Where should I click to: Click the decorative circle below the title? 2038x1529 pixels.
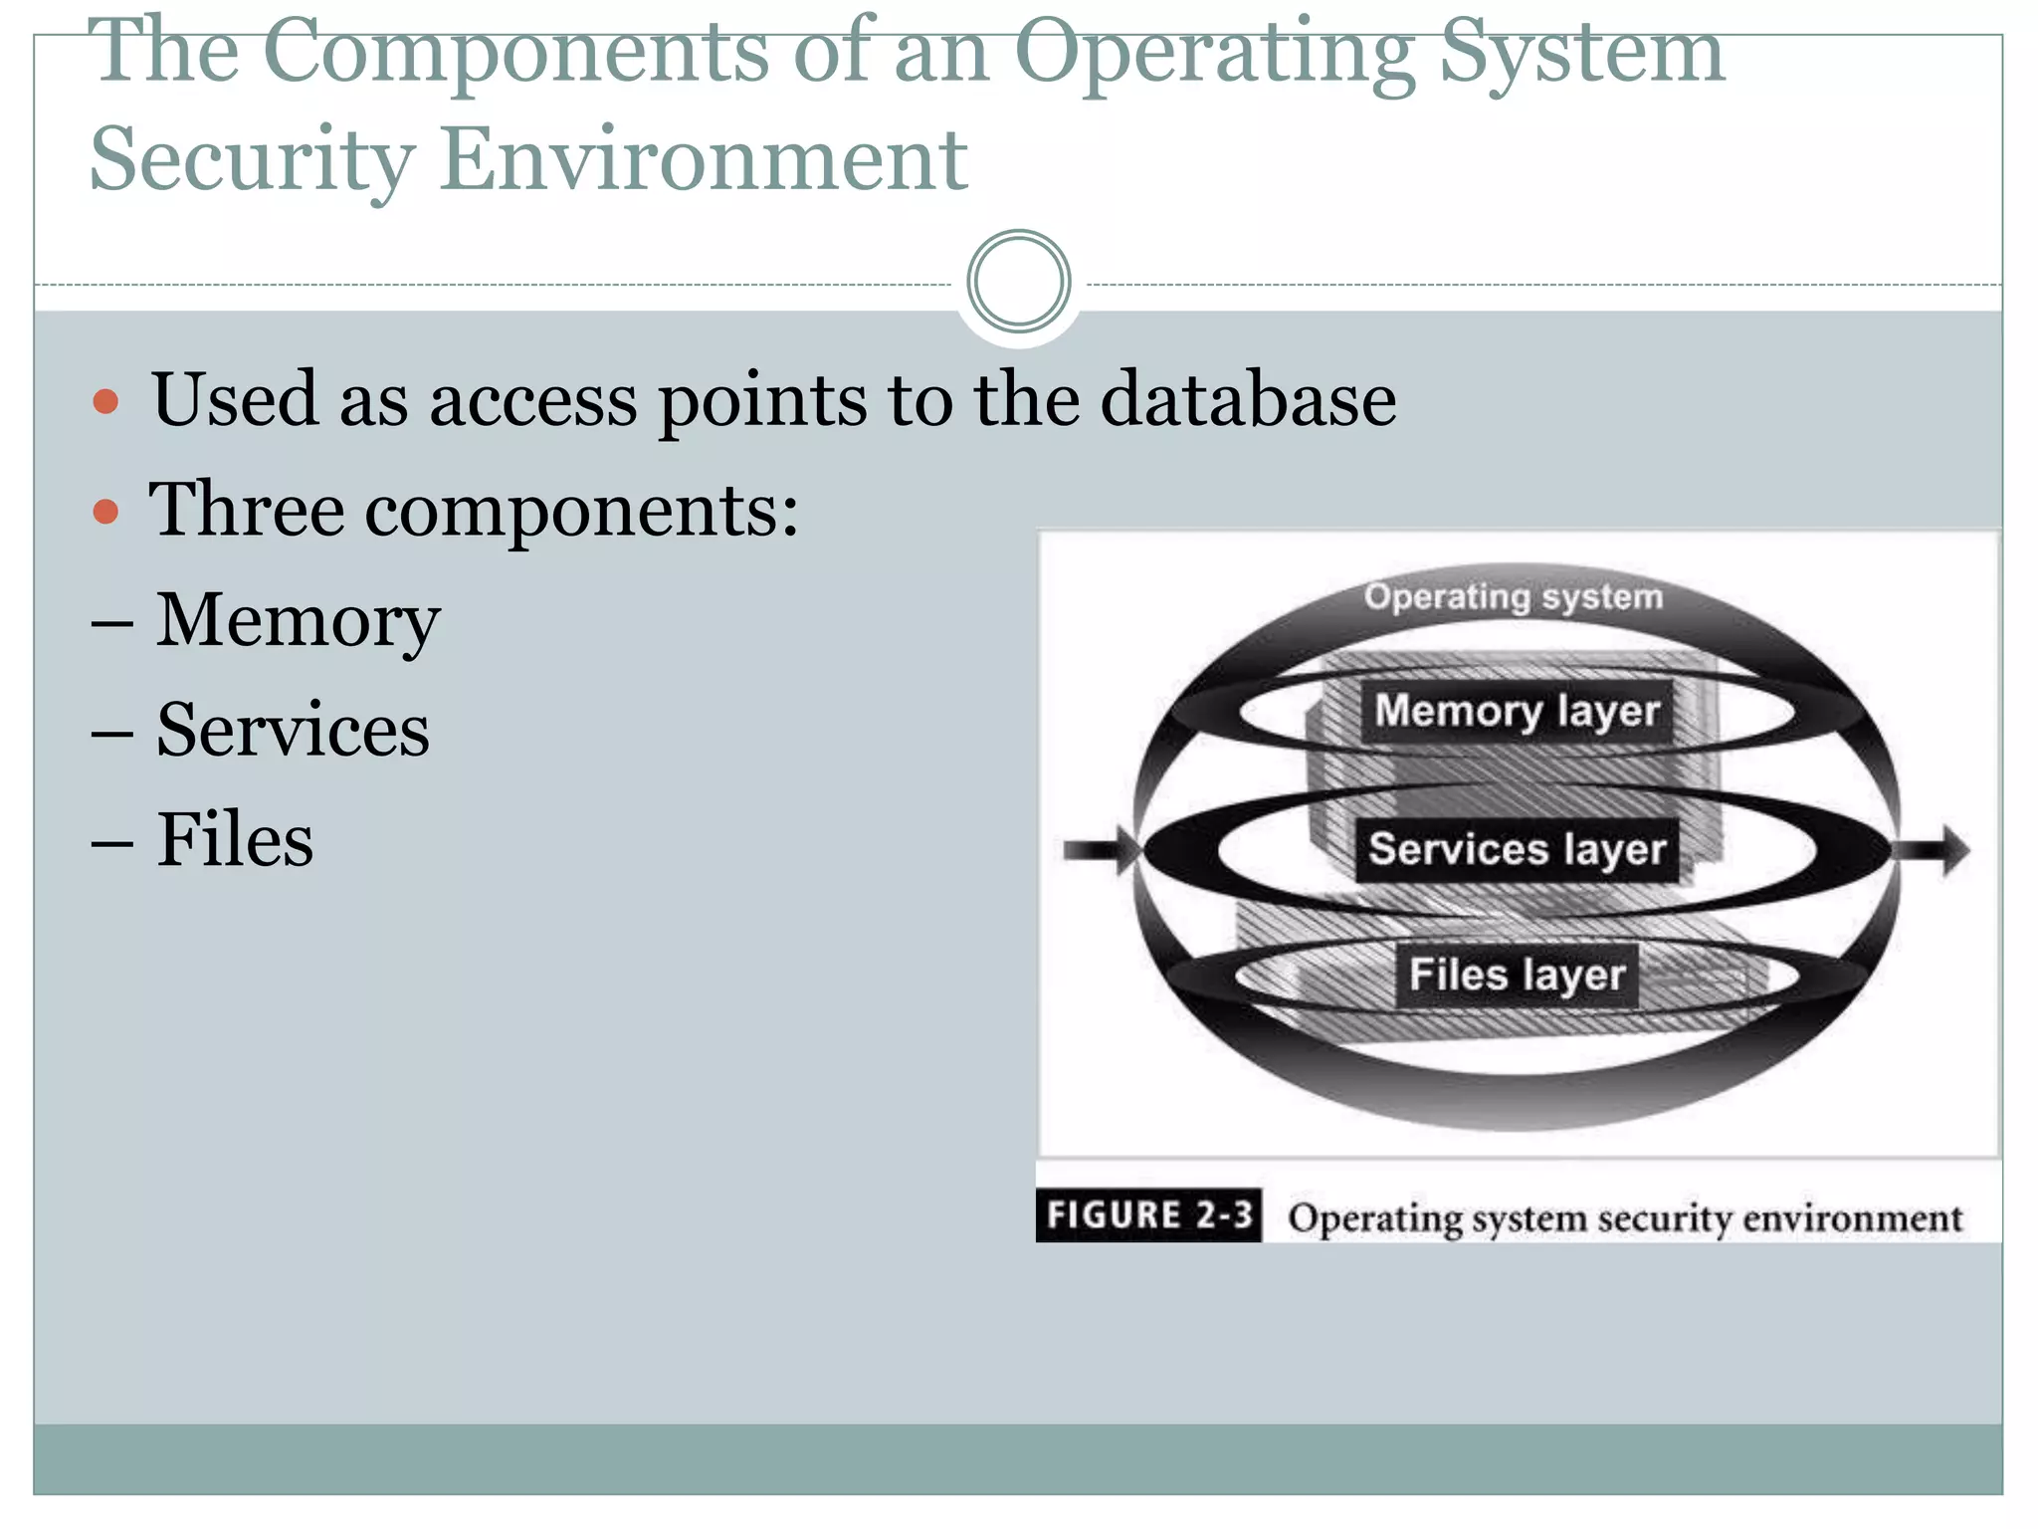[1018, 282]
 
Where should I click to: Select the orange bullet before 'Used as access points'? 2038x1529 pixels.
[105, 402]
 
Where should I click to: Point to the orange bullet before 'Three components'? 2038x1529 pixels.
[105, 513]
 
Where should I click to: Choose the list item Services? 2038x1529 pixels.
[293, 731]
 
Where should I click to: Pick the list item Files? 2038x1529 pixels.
[235, 840]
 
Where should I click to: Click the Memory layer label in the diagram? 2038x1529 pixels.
[1517, 711]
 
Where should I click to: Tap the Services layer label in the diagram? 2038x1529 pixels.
[1517, 849]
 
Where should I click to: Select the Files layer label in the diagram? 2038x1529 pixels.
[1517, 975]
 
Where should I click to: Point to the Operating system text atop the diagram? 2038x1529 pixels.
[1513, 597]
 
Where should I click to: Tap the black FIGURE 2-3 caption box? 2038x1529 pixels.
[1148, 1215]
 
